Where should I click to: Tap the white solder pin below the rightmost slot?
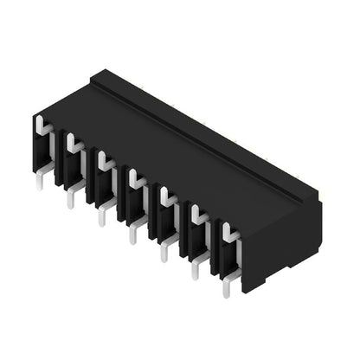click(x=227, y=283)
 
